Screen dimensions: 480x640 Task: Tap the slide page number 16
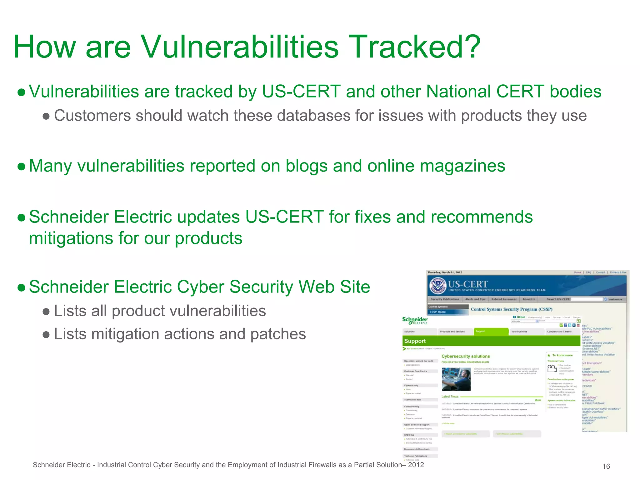[606, 466]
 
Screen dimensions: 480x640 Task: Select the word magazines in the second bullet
[462, 166]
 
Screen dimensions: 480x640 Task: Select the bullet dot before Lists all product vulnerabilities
[46, 312]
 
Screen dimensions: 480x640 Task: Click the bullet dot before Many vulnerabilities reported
[22, 167]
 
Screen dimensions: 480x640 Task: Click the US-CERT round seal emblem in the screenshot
[437, 285]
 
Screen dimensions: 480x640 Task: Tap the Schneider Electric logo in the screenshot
[415, 321]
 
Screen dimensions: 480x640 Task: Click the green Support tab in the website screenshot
[491, 332]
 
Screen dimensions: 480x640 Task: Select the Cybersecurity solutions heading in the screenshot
[465, 356]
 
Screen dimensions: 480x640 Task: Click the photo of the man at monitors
[456, 379]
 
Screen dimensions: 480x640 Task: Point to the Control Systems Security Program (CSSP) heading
[512, 309]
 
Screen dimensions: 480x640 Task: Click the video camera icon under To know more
[552, 369]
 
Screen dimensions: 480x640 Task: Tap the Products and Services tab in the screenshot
[452, 332]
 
